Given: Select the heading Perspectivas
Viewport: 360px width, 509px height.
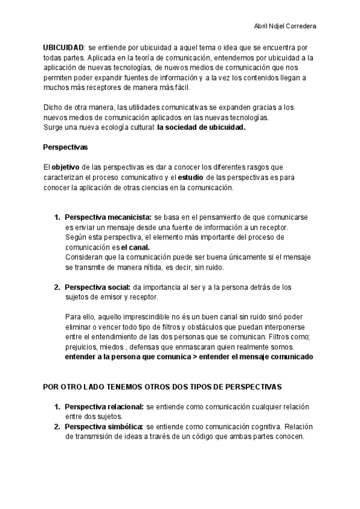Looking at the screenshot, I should tap(65, 147).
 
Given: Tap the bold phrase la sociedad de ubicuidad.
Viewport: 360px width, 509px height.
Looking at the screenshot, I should tap(202, 127).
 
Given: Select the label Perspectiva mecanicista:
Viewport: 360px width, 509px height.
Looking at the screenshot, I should tap(108, 217).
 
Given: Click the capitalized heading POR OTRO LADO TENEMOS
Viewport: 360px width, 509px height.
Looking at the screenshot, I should tap(163, 387).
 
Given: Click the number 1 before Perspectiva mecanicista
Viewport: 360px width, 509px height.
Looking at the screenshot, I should tap(57, 217).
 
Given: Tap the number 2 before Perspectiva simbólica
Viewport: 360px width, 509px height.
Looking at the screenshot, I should tap(57, 427).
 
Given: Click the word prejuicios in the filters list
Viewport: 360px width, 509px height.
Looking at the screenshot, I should tap(82, 347).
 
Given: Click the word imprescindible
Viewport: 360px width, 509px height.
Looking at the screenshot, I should tap(143, 317).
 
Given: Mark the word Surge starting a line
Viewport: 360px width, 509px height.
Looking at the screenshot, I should tap(53, 127).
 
